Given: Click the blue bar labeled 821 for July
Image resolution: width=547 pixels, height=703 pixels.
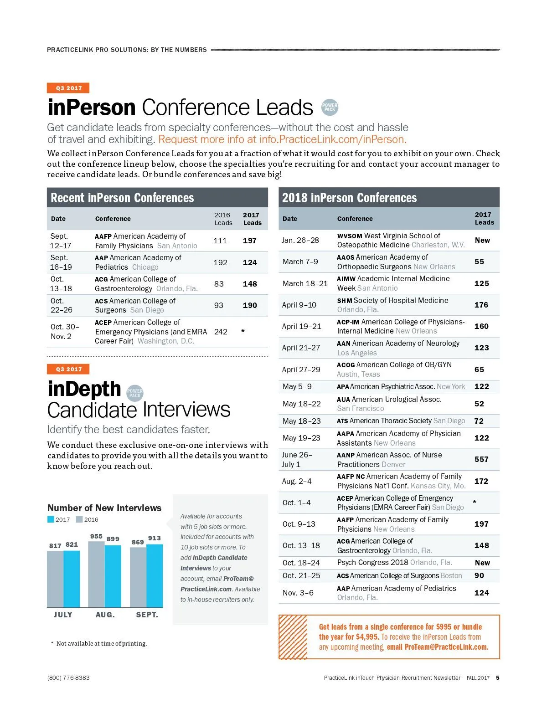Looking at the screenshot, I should click(72, 579).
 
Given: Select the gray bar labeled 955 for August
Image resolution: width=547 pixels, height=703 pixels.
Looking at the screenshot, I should click(96, 574).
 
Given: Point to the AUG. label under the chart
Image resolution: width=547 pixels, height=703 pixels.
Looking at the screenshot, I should click(105, 615).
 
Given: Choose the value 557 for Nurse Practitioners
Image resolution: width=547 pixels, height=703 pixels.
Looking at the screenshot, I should click(481, 459).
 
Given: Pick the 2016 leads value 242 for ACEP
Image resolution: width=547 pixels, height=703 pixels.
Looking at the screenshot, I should click(221, 332).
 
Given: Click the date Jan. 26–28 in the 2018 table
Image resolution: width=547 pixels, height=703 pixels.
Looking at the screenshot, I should click(300, 240).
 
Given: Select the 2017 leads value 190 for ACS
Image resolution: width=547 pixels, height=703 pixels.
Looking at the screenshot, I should click(250, 305).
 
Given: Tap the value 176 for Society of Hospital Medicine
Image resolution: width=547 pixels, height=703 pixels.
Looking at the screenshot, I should click(481, 305).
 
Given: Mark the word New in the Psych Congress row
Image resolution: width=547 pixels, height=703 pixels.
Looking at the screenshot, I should click(482, 563).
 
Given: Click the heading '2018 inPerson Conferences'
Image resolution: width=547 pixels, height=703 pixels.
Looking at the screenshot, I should click(349, 198).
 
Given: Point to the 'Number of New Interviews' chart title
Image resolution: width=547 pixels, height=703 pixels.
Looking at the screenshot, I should click(104, 508).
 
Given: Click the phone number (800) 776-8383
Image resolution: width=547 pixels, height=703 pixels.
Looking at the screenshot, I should click(68, 677).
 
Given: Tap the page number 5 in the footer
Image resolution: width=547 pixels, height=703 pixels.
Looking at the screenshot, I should click(498, 677).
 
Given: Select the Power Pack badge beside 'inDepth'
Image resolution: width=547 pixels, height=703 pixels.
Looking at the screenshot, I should click(134, 393).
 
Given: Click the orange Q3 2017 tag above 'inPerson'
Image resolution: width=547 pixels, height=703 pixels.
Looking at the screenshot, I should click(68, 88).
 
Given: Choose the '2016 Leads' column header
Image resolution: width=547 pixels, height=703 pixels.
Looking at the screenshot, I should click(223, 219).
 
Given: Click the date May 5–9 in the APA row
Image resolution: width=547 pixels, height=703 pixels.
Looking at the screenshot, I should click(297, 386).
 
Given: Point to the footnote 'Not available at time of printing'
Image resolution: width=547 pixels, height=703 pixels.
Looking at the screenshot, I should click(101, 643).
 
